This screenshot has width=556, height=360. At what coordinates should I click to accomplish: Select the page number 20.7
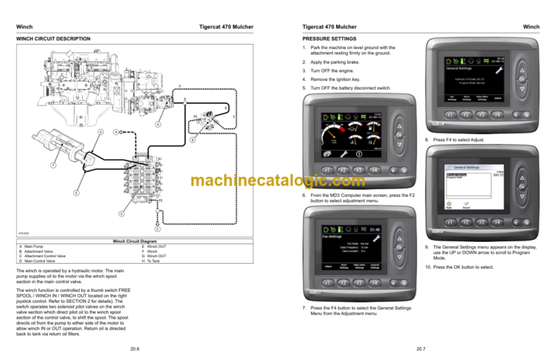pyautogui.click(x=421, y=350)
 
